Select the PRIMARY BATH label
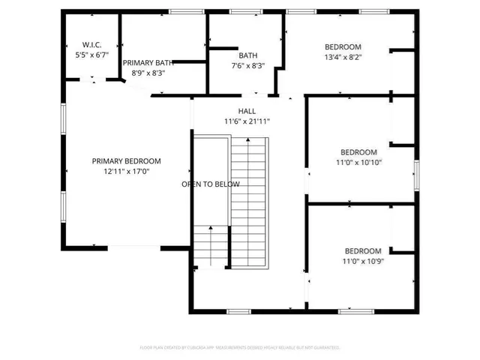[148, 63]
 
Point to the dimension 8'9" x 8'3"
[148, 73]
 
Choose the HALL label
[247, 111]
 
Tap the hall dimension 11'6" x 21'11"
[247, 121]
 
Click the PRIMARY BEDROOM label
[126, 160]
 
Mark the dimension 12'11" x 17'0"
[126, 171]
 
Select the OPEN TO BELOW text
[211, 184]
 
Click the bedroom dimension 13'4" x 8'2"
[343, 56]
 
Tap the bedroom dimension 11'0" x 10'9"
[363, 262]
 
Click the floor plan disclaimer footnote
[240, 347]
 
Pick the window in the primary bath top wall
[181, 11]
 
